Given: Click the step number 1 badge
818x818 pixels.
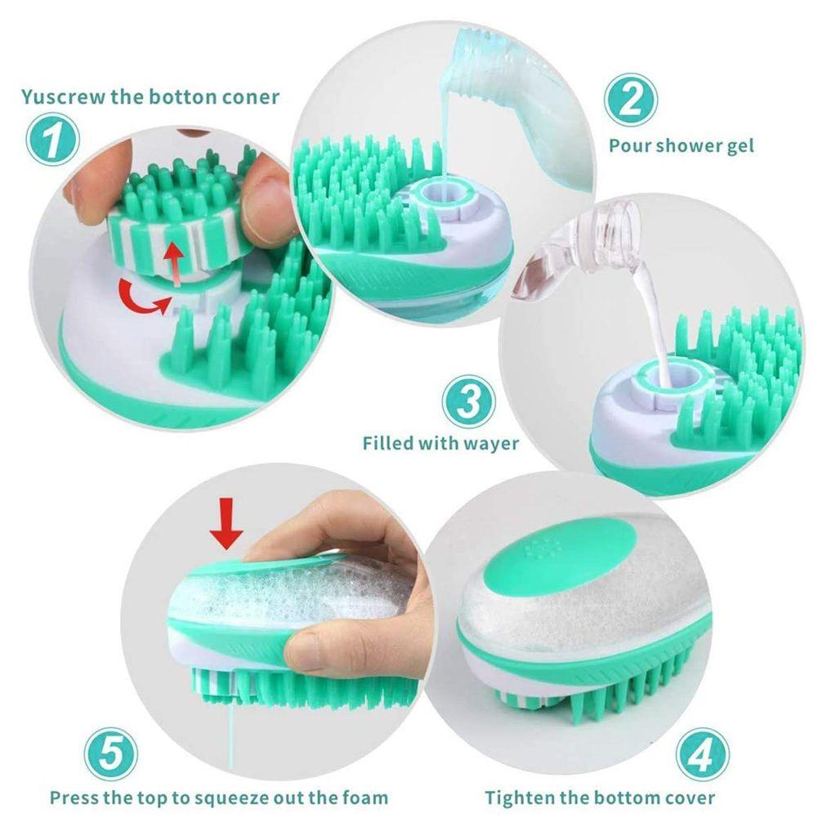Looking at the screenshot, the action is point(52,139).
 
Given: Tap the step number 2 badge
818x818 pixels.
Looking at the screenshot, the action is point(630,99).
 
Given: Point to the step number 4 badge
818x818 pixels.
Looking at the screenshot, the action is point(702,754).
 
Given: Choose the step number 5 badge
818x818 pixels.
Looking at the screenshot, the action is point(110,754).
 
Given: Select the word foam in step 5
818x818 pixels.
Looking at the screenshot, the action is point(365,798).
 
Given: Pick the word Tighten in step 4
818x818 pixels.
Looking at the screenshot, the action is point(520,798).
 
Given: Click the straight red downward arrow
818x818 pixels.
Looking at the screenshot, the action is point(226,523).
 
